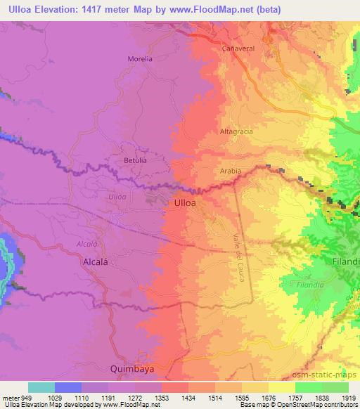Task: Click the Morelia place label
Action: tap(140, 59)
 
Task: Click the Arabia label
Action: tap(230, 171)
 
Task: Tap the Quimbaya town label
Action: tap(131, 368)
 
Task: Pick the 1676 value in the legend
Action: tap(267, 398)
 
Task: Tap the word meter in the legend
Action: tap(11, 398)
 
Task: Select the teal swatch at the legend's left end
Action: tap(41, 387)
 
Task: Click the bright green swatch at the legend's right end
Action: tap(335, 387)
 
